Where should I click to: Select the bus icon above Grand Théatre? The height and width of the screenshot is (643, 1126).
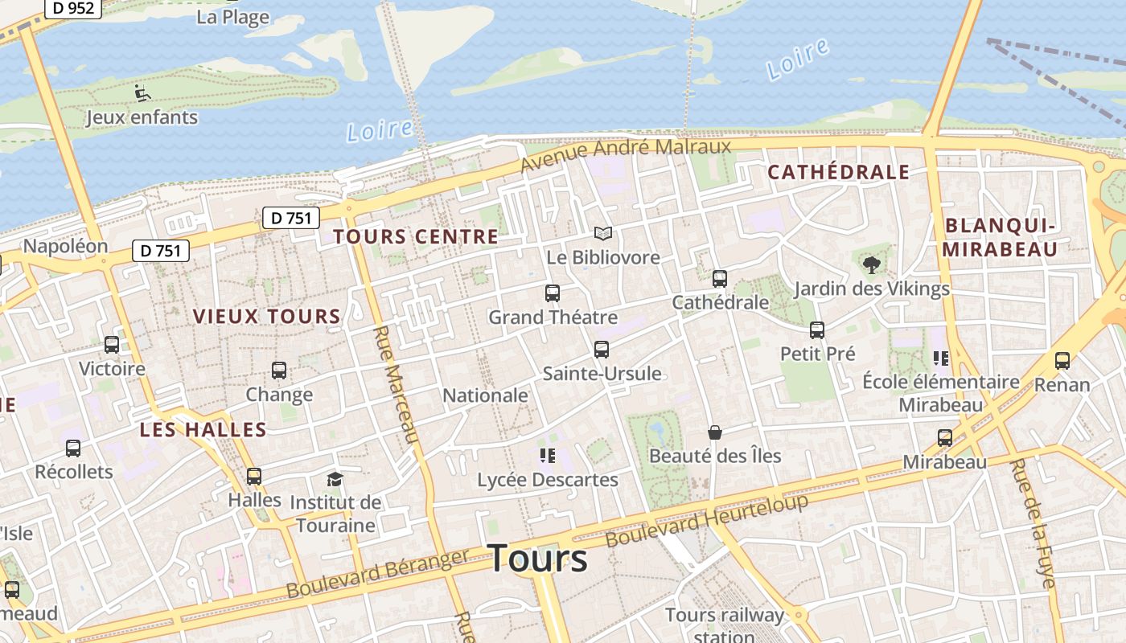(x=553, y=293)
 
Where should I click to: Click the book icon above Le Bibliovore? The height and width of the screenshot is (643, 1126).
(x=603, y=234)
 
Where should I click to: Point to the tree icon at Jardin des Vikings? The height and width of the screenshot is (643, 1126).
(x=871, y=264)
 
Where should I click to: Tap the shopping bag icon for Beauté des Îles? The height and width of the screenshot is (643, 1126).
(x=714, y=432)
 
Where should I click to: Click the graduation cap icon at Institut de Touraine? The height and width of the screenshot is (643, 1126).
(x=335, y=480)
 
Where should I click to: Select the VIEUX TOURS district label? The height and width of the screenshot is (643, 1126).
(x=267, y=317)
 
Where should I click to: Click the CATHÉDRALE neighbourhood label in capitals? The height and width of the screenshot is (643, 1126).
(x=838, y=172)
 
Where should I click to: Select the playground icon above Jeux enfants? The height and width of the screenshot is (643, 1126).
(x=142, y=93)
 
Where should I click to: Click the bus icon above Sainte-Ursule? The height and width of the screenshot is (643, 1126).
(x=602, y=350)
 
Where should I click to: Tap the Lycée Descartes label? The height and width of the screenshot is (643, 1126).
(x=548, y=480)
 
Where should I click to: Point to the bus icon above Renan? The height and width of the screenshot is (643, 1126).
(x=1062, y=361)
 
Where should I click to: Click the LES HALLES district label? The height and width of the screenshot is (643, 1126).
(x=203, y=429)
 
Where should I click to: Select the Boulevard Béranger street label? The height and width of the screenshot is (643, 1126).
(x=378, y=574)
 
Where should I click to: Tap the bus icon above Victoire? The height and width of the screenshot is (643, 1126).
(x=112, y=345)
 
